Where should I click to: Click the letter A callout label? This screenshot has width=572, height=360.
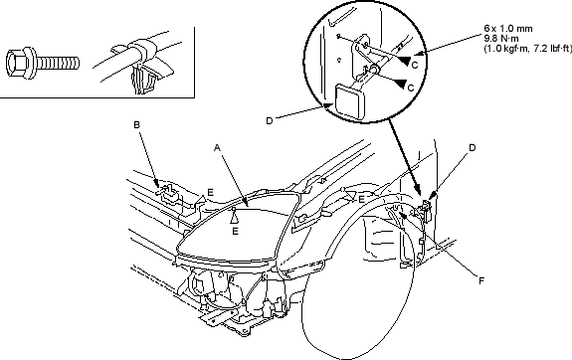click(217, 148)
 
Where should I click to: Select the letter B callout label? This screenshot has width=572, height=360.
click(137, 124)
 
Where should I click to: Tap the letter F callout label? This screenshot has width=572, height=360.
click(481, 280)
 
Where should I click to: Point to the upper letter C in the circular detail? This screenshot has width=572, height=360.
click(414, 65)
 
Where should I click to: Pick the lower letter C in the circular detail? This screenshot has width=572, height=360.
click(411, 88)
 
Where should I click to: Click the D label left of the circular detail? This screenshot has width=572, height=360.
click(270, 120)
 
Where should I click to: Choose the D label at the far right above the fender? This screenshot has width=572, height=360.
click(473, 148)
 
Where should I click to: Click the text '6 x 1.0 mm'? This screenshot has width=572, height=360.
click(508, 29)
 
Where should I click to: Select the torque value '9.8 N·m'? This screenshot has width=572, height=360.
click(501, 39)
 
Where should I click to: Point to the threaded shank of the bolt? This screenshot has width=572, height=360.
click(58, 63)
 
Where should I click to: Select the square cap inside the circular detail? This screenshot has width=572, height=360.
click(350, 101)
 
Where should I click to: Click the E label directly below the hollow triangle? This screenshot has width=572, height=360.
click(236, 231)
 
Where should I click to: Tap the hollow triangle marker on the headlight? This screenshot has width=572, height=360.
click(234, 218)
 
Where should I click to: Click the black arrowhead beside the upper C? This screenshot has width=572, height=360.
click(404, 61)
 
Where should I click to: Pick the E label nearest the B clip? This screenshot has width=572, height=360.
click(210, 192)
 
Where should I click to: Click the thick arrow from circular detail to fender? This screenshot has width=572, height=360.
click(405, 157)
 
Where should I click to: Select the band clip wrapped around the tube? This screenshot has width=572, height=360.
click(140, 48)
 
